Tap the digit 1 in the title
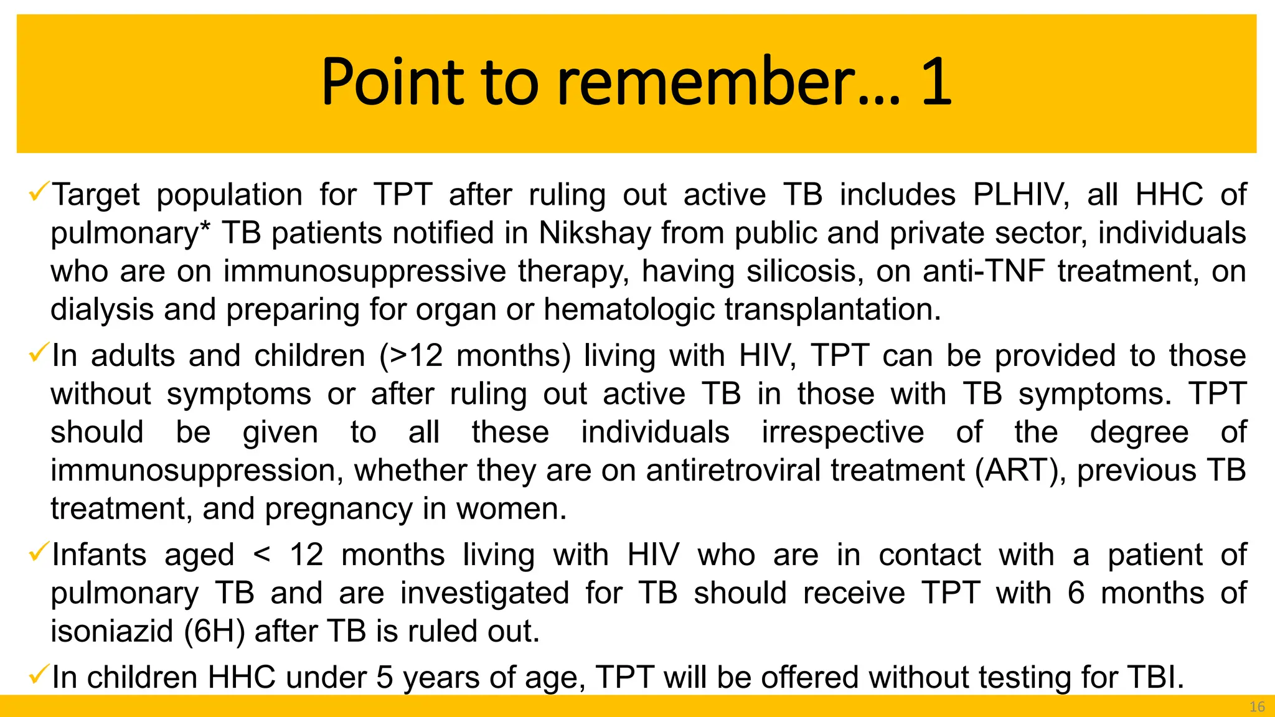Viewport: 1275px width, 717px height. point(936,82)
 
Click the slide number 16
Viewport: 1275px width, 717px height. point(1257,706)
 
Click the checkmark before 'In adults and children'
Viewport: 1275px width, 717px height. point(39,353)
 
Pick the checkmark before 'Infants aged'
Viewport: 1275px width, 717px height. point(39,552)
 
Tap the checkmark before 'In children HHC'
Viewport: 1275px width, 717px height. point(39,674)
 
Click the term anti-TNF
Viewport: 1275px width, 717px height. point(983,272)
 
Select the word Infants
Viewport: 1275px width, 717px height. point(100,555)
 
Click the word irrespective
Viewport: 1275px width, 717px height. point(843,433)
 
